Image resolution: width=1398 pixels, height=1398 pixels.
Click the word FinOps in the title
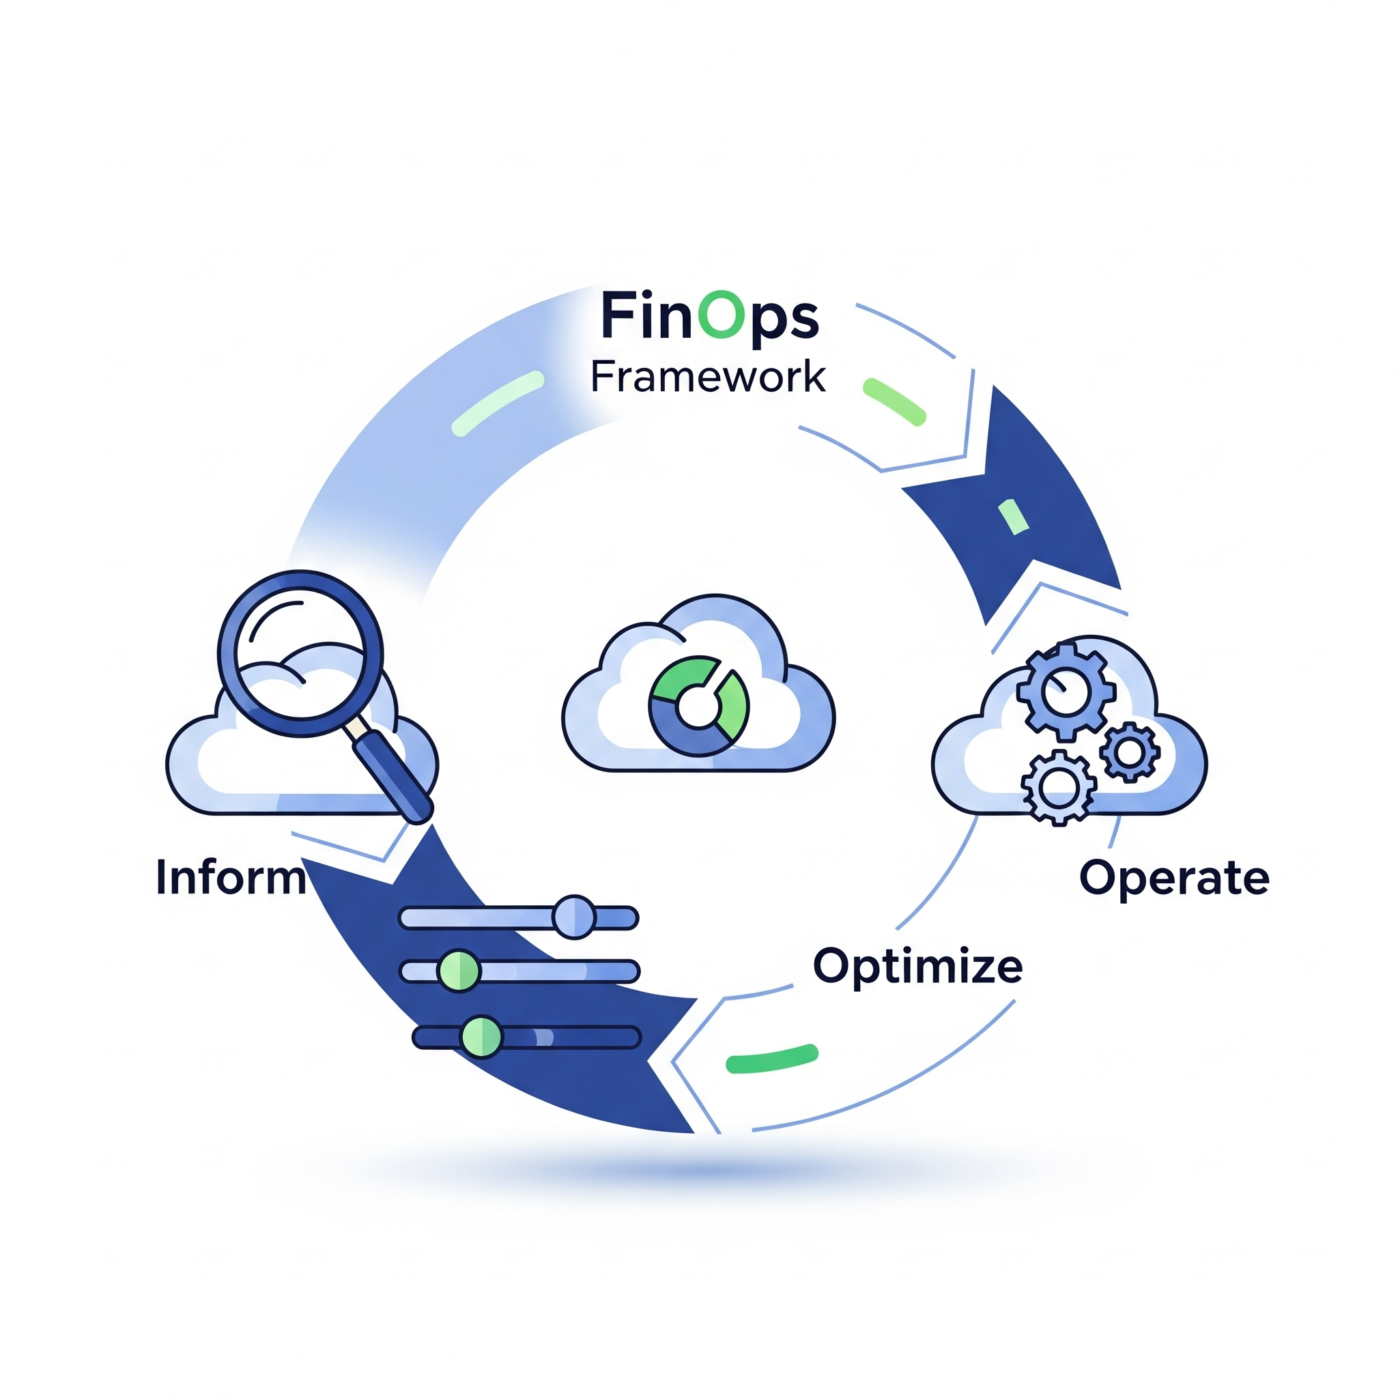pyautogui.click(x=709, y=316)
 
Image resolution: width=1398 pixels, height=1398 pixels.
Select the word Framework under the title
pyautogui.click(x=707, y=377)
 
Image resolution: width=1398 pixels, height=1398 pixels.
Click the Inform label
pyautogui.click(x=231, y=878)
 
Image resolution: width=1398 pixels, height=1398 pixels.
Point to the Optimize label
pyautogui.click(x=917, y=966)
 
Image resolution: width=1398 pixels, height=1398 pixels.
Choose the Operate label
pyautogui.click(x=1173, y=879)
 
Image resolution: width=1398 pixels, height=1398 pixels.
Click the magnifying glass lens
pyautogui.click(x=300, y=653)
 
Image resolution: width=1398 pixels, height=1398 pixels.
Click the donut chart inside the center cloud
pyautogui.click(x=698, y=707)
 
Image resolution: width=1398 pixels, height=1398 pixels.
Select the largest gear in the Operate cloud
pyautogui.click(x=1065, y=691)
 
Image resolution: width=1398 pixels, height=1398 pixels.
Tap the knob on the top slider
pyautogui.click(x=574, y=917)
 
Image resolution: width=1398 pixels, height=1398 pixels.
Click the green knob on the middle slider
pyautogui.click(x=459, y=971)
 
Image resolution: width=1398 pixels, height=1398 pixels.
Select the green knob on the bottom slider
pyautogui.click(x=481, y=1037)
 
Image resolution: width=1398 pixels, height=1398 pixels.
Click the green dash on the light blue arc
pyautogui.click(x=497, y=404)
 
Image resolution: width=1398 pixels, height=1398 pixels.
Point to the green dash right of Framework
pyautogui.click(x=894, y=401)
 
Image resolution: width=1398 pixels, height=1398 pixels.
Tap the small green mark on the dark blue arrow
pyautogui.click(x=1013, y=517)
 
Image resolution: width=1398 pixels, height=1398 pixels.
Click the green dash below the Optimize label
pyautogui.click(x=771, y=1059)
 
